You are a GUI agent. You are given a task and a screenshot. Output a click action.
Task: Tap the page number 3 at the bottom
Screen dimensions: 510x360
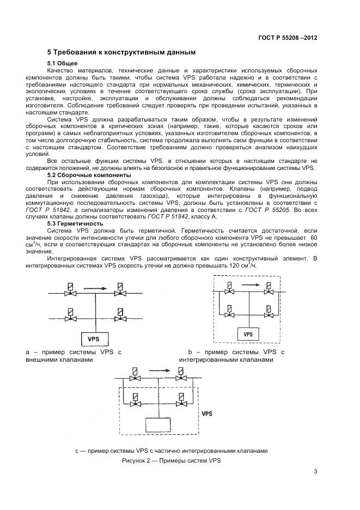pyautogui.click(x=315, y=472)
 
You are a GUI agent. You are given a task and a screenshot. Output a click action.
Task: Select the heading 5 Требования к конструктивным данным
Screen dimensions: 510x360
pyautogui.click(x=120, y=53)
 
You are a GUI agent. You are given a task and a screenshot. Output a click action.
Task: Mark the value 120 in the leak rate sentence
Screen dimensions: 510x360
pyautogui.click(x=236, y=265)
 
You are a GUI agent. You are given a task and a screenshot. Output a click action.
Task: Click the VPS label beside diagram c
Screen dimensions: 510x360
pyautogui.click(x=207, y=414)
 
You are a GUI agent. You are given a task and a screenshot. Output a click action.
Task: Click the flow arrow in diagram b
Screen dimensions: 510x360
pyautogui.click(x=251, y=284)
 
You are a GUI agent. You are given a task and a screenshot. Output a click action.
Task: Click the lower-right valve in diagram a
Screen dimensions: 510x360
pyautogui.click(x=118, y=317)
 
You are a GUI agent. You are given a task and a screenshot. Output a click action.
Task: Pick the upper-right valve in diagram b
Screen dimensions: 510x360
pyautogui.click(x=268, y=292)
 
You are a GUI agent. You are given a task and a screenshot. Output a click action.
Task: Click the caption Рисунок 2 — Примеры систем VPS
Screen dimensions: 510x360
pyautogui.click(x=171, y=461)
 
